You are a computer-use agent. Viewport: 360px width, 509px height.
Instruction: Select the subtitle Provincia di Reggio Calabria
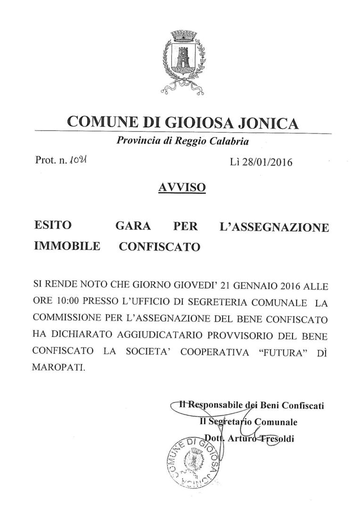pyautogui.click(x=183, y=141)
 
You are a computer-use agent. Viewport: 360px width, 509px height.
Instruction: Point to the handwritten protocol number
pyautogui.click(x=77, y=162)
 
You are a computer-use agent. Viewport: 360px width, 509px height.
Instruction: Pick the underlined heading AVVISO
pyautogui.click(x=182, y=188)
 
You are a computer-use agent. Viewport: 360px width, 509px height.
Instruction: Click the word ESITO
pyautogui.click(x=53, y=226)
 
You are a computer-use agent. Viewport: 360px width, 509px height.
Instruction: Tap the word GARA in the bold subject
pyautogui.click(x=133, y=226)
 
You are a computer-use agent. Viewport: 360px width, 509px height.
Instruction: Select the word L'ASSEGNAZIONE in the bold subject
pyautogui.click(x=274, y=227)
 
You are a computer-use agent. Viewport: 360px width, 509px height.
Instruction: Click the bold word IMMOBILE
pyautogui.click(x=67, y=246)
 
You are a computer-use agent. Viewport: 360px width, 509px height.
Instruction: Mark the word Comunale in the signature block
pyautogui.click(x=276, y=422)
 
